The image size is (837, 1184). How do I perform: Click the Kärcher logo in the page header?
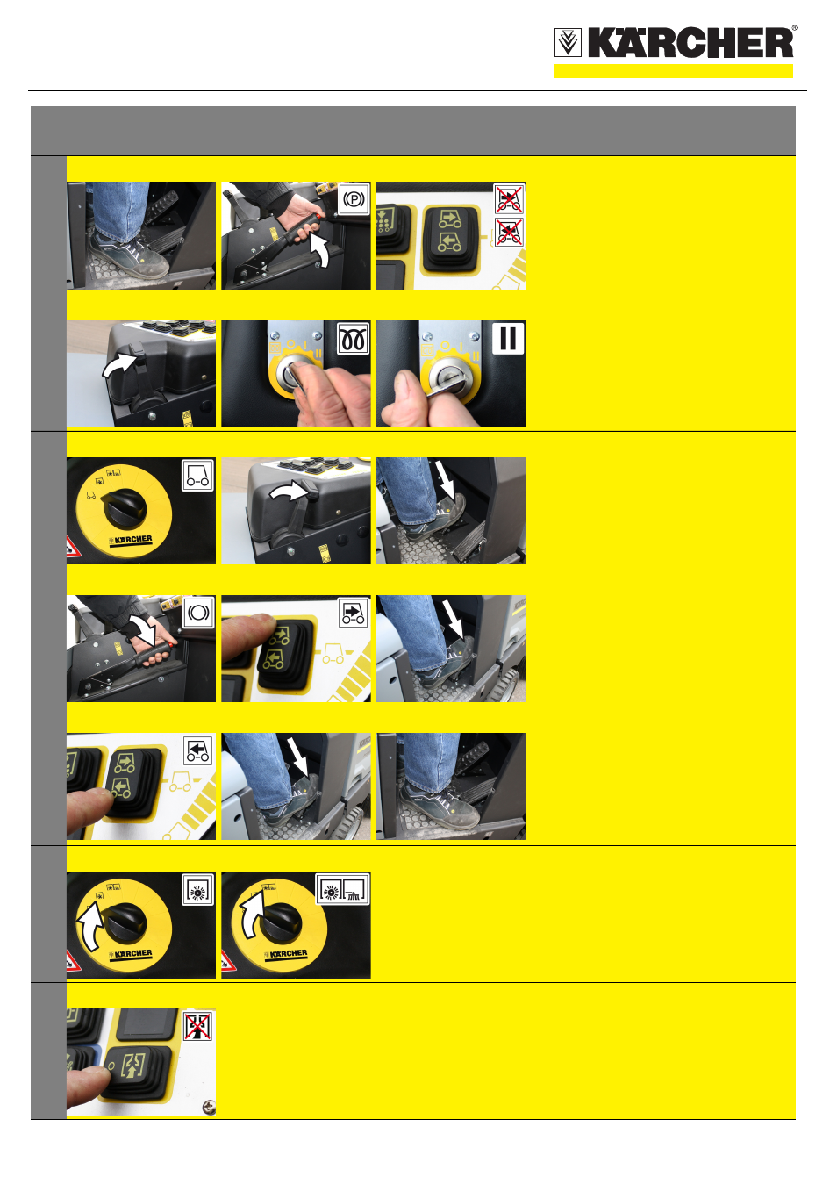pos(676,42)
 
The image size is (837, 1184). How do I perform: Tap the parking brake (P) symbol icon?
pos(354,199)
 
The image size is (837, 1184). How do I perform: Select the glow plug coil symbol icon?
pos(353,339)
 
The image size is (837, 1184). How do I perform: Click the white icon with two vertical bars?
pos(508,338)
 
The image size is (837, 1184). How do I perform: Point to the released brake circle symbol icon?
pos(198,613)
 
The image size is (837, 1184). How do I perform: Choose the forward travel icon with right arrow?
pos(353,613)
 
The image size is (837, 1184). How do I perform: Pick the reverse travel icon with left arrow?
pos(198,751)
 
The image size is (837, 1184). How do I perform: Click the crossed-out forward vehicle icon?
pos(508,198)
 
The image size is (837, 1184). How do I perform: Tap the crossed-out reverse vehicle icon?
pos(508,232)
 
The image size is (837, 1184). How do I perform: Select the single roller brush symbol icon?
pos(198,890)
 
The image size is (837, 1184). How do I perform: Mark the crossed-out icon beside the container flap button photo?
pos(198,1027)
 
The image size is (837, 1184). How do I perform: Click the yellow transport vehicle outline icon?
pos(197,475)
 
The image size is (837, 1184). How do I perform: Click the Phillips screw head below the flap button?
pos(209,1106)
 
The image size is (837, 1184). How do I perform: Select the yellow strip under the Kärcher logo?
pos(673,71)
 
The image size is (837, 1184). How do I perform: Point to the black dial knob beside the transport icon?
pos(125,508)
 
